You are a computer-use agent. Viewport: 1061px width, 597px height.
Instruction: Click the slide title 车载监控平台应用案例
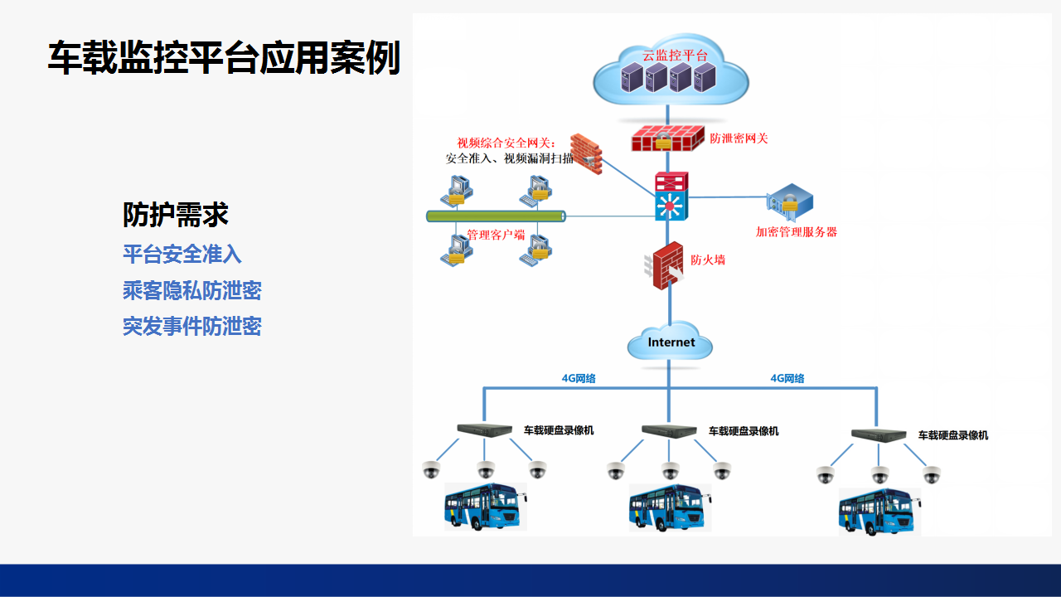[224, 58]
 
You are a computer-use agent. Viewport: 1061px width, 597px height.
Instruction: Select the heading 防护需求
[176, 215]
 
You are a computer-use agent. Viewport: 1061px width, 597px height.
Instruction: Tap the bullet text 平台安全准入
[182, 254]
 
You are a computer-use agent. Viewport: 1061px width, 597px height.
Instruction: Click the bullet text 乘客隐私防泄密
[192, 290]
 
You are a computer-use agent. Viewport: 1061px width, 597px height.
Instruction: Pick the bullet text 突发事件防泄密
[192, 327]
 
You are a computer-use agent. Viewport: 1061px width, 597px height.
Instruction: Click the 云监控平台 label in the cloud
[675, 56]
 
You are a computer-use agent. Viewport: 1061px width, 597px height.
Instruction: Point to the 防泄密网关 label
[739, 138]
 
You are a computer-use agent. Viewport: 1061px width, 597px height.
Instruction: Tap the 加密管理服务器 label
[797, 231]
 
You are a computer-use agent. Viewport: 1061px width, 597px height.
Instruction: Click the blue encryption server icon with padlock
[790, 201]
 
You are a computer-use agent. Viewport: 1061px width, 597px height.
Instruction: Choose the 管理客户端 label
[496, 235]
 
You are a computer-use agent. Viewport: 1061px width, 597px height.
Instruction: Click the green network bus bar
[496, 216]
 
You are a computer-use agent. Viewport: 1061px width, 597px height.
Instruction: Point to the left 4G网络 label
[579, 378]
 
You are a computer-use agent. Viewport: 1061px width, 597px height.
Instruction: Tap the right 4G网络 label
[787, 378]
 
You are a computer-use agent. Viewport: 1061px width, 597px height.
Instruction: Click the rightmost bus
[879, 512]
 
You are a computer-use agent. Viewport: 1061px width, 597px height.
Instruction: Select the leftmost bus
[486, 507]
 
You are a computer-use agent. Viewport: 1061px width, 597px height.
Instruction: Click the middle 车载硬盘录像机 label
[744, 431]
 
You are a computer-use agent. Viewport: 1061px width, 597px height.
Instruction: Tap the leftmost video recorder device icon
[485, 430]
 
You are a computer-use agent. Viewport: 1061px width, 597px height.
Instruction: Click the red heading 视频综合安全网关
[506, 143]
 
